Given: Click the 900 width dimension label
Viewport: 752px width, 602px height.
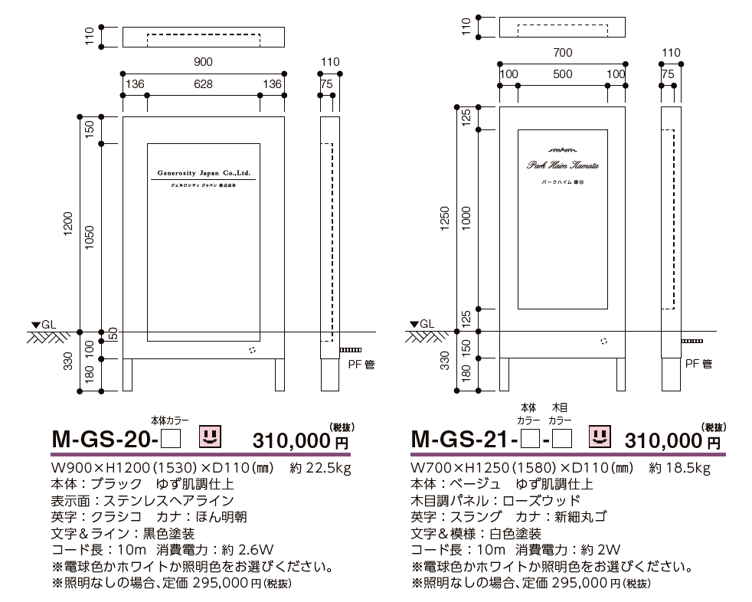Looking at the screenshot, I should coord(203,61).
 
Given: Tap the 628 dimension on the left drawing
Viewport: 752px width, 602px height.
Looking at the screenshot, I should coord(203,84).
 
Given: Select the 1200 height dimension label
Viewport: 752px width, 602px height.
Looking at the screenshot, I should coord(67,225).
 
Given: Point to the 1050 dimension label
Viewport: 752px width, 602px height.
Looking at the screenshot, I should coord(90,238).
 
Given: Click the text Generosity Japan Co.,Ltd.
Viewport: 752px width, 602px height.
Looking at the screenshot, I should coord(204,173).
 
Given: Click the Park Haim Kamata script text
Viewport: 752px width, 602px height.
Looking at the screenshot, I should coord(562,165).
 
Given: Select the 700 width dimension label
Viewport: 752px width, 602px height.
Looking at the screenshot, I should coord(562,53).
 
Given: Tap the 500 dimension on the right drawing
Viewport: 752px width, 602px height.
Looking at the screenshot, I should coord(562,74).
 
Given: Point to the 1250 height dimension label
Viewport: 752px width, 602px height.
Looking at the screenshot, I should coord(445,219).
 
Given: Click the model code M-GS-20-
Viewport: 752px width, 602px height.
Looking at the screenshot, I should coord(104,440).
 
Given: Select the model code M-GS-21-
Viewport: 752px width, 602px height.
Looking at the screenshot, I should coord(463,440).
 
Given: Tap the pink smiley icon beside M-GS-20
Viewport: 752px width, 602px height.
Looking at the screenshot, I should coord(210,437).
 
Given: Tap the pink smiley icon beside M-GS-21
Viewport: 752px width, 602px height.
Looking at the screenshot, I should coord(600,437).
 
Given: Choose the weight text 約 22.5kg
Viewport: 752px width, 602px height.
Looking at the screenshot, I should coord(319,468).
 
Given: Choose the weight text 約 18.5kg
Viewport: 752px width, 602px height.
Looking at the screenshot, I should coord(679,468).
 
